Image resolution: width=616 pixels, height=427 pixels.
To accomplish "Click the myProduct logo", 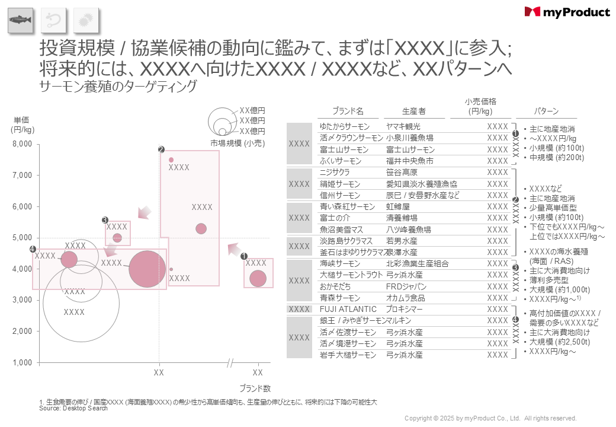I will click(567, 12).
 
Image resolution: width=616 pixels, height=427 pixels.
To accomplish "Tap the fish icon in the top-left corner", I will click(20, 21).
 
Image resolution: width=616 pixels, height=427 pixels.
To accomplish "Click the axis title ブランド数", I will click(255, 389).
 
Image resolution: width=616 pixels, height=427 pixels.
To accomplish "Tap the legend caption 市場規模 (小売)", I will click(238, 143).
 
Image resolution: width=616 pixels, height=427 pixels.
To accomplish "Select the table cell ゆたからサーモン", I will click(344, 126).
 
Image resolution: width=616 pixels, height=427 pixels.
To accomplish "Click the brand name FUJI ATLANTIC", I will click(348, 309).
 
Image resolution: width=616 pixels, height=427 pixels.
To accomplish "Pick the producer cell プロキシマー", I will click(405, 309).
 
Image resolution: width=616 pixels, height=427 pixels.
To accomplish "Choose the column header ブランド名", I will click(348, 111).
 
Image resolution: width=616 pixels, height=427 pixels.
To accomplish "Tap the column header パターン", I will click(547, 111).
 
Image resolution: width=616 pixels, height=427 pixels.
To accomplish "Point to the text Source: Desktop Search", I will click(73, 408).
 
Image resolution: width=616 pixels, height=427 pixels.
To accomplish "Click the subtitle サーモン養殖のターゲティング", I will click(117, 86).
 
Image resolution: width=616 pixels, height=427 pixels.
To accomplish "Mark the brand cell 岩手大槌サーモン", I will click(348, 355).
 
